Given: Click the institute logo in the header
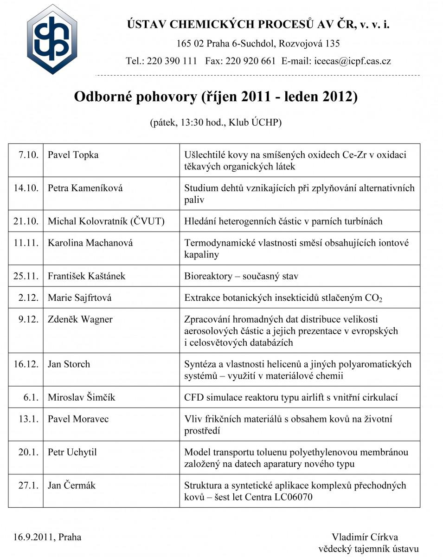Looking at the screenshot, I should click(x=52, y=39).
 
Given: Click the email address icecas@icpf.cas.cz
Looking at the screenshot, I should click(x=353, y=61).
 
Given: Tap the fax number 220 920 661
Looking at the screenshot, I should click(x=250, y=61).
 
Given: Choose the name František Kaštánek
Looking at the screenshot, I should click(x=87, y=276).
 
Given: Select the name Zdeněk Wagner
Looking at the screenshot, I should click(x=80, y=319).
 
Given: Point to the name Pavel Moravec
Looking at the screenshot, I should click(x=78, y=419).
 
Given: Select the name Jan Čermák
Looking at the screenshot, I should click(x=72, y=486).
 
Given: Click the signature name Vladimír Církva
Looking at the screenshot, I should click(x=365, y=538).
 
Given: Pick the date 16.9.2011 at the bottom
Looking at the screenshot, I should click(x=32, y=538).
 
